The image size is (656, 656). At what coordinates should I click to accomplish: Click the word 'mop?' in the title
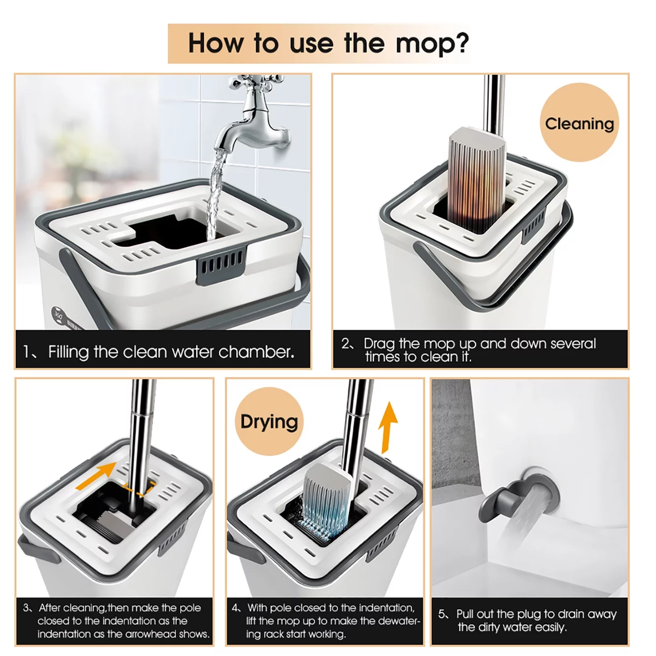(x=432, y=43)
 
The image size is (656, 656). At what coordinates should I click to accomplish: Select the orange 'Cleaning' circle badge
(x=579, y=123)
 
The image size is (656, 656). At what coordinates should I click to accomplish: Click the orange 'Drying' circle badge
(x=269, y=422)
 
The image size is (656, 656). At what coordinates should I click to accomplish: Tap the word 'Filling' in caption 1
(x=69, y=352)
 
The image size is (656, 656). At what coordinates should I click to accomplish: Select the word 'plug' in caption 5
(x=530, y=614)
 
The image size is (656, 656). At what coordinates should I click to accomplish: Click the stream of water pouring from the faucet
(x=215, y=192)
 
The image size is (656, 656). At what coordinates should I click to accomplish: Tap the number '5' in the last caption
(x=442, y=614)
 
